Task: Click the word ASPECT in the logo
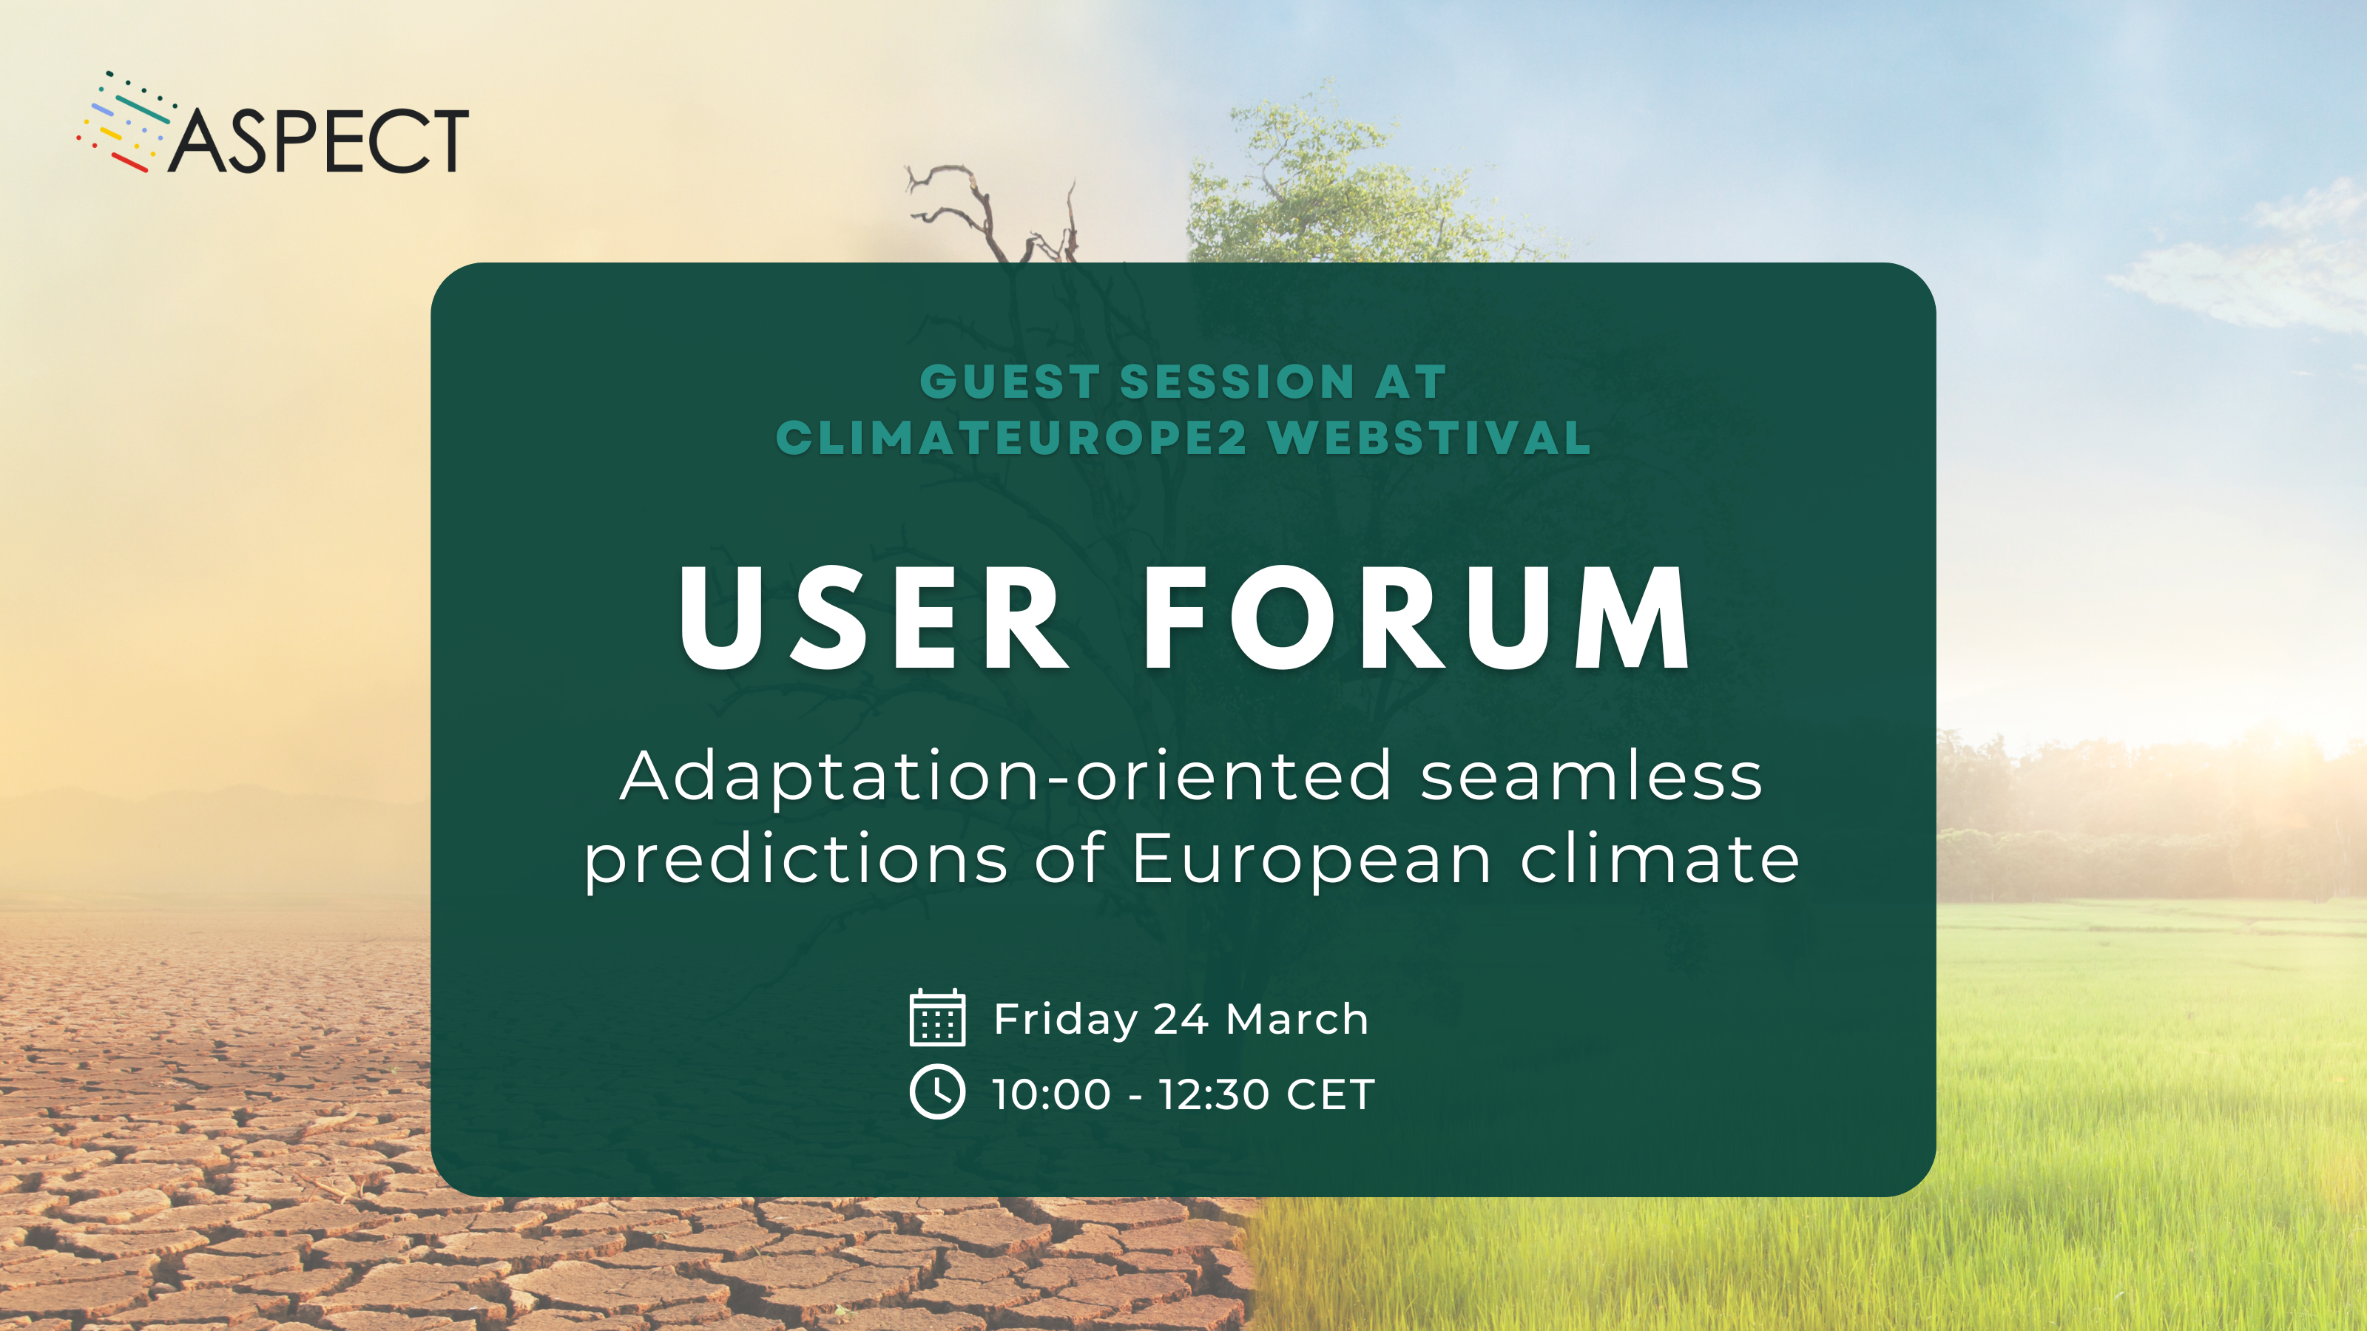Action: tap(318, 140)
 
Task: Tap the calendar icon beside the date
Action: tap(937, 1017)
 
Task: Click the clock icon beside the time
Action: tap(937, 1092)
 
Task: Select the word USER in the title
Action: tap(873, 617)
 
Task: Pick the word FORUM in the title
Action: tap(1416, 617)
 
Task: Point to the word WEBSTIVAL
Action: tap(1430, 438)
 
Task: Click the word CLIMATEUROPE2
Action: tap(1012, 438)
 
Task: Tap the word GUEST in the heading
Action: tap(1010, 382)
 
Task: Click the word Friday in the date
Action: tap(1066, 1020)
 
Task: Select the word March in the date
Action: tap(1297, 1019)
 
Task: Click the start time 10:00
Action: tap(1052, 1095)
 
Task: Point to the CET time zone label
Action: tap(1331, 1095)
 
